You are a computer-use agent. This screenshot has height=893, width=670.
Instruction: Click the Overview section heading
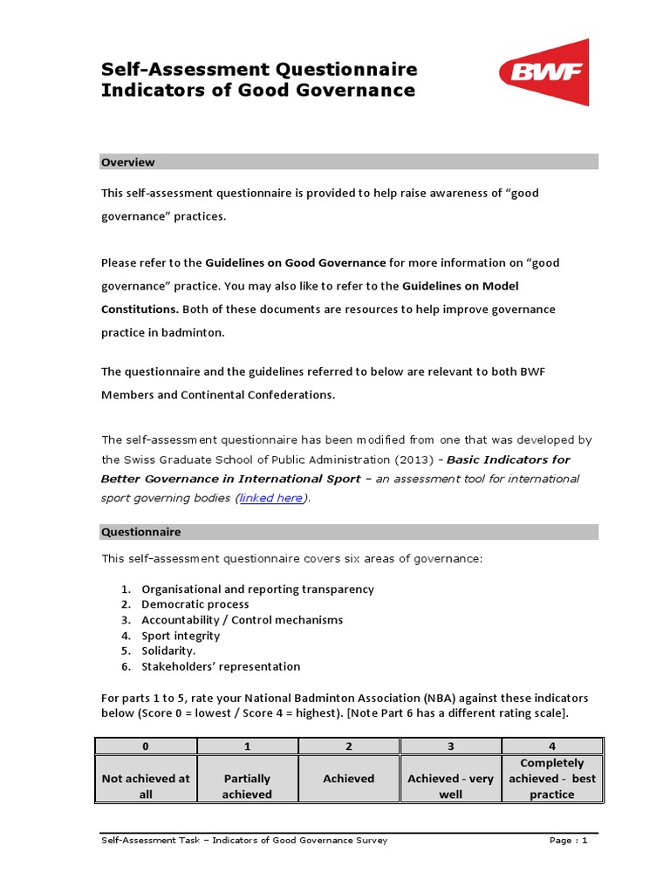128,162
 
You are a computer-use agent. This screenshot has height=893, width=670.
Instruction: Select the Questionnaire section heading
141,532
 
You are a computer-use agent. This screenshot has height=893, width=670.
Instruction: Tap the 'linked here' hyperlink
271,498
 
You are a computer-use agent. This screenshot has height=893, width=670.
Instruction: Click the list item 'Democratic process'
195,604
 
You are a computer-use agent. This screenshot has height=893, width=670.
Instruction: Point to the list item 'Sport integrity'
181,636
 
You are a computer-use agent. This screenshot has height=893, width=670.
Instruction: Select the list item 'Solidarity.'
169,651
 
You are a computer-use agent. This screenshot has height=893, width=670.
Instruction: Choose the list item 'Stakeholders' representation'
221,667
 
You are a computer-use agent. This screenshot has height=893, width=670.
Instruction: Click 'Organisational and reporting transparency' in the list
257,590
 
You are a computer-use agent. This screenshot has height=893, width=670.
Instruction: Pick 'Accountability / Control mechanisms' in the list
243,620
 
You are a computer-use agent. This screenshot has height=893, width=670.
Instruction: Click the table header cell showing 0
146,746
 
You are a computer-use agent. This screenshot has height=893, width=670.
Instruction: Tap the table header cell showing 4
552,746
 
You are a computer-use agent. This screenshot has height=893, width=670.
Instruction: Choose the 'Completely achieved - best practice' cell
552,779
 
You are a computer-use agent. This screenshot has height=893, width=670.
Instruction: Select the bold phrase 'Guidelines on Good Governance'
296,262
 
